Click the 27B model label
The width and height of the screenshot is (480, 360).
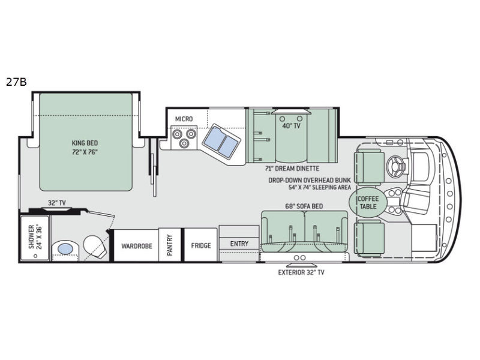pos(16,82)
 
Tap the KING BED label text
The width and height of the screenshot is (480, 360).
pos(85,143)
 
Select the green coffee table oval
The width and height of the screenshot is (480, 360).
pos(368,202)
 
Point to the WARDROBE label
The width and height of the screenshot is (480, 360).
pos(137,246)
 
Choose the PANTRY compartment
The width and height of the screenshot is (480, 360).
pos(170,245)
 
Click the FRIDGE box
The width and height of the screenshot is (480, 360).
pos(200,245)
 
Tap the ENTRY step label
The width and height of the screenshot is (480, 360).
pos(239,244)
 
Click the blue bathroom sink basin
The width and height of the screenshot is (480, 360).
pos(65,249)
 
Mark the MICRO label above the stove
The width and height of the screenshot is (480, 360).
pos(184,119)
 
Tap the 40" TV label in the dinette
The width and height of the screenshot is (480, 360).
pos(291,126)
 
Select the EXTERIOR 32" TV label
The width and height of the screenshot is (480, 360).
pos(301,272)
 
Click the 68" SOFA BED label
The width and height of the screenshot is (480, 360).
pos(304,206)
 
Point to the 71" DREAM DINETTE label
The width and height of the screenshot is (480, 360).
pos(292,169)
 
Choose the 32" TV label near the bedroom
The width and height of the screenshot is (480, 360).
pos(56,203)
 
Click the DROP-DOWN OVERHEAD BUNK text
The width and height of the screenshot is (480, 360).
pos(310,181)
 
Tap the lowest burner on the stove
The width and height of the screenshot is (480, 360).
pos(184,143)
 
